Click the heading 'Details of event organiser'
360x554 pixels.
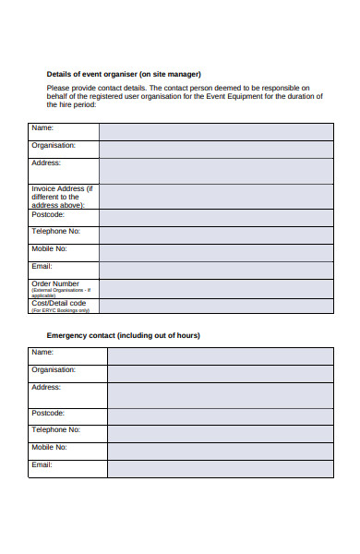coord(124,74)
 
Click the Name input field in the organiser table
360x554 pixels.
coord(216,131)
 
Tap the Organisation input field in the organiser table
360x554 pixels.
coord(216,149)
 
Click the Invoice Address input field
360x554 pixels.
coord(216,197)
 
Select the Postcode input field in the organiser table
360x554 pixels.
coord(216,218)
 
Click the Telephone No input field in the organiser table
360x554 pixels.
coord(216,235)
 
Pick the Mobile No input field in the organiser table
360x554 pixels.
coord(216,253)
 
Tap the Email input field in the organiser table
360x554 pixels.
coord(216,271)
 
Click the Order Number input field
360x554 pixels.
coord(216,289)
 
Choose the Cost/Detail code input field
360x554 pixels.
coord(216,306)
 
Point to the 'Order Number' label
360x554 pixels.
coord(55,283)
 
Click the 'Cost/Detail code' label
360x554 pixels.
coord(59,302)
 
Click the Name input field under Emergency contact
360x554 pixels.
coord(221,356)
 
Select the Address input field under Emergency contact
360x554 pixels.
coord(221,395)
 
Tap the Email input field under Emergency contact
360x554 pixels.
coord(221,469)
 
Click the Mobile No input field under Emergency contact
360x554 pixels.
coord(221,452)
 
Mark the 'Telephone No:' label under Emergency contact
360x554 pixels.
coord(56,429)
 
